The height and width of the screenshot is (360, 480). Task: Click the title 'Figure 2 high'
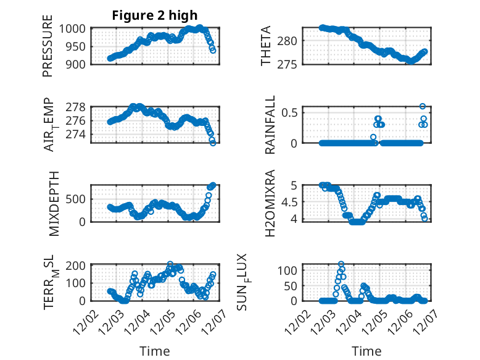154,15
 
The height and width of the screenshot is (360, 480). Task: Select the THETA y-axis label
266,46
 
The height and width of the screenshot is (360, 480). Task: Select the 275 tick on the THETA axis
292,64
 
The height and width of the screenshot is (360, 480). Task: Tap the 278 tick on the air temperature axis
78,107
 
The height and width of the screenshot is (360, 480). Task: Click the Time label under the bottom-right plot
366,351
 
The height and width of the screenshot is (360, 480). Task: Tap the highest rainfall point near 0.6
423,106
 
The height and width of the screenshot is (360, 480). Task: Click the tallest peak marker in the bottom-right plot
341,264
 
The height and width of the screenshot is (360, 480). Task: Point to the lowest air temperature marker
213,143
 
